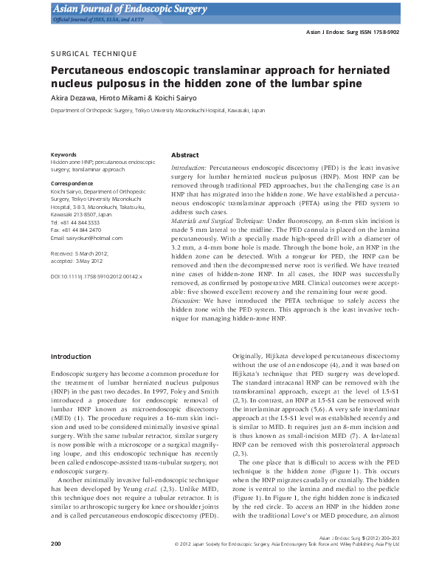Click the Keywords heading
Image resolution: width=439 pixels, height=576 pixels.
(64, 154)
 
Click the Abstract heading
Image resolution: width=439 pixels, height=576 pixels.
(184, 156)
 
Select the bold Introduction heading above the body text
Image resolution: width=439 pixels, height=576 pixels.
(70, 357)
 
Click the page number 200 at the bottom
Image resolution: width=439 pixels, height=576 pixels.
(56, 565)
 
